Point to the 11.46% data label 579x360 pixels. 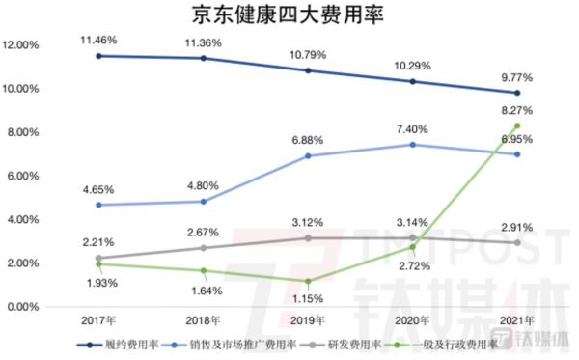pos(100,40)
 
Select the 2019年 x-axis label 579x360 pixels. pos(308,319)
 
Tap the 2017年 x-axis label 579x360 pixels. pos(99,319)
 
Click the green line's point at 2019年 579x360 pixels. pos(308,281)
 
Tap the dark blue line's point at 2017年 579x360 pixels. pos(99,56)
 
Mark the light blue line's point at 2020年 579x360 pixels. pos(413,145)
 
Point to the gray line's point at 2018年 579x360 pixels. pos(204,248)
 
